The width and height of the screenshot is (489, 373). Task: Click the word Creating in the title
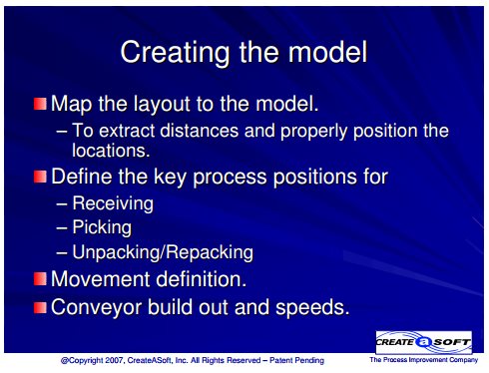tap(175, 53)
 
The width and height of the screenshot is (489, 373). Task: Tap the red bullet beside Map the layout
tap(40, 104)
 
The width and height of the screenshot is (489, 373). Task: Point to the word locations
tap(111, 151)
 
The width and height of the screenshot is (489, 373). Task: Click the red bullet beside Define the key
tap(40, 177)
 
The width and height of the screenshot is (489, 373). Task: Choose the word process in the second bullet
tap(230, 178)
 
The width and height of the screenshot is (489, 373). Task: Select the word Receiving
tap(113, 203)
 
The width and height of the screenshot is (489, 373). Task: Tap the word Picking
tap(102, 228)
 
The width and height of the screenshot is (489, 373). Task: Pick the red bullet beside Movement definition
tap(40, 279)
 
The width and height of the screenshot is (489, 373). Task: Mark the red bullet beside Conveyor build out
tap(40, 307)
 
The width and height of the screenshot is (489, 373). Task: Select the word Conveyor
tap(97, 307)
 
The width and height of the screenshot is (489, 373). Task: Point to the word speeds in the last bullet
tap(312, 307)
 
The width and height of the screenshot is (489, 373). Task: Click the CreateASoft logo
tap(423, 342)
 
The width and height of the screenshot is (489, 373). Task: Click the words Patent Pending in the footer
tap(296, 360)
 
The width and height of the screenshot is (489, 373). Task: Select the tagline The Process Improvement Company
tap(423, 360)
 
